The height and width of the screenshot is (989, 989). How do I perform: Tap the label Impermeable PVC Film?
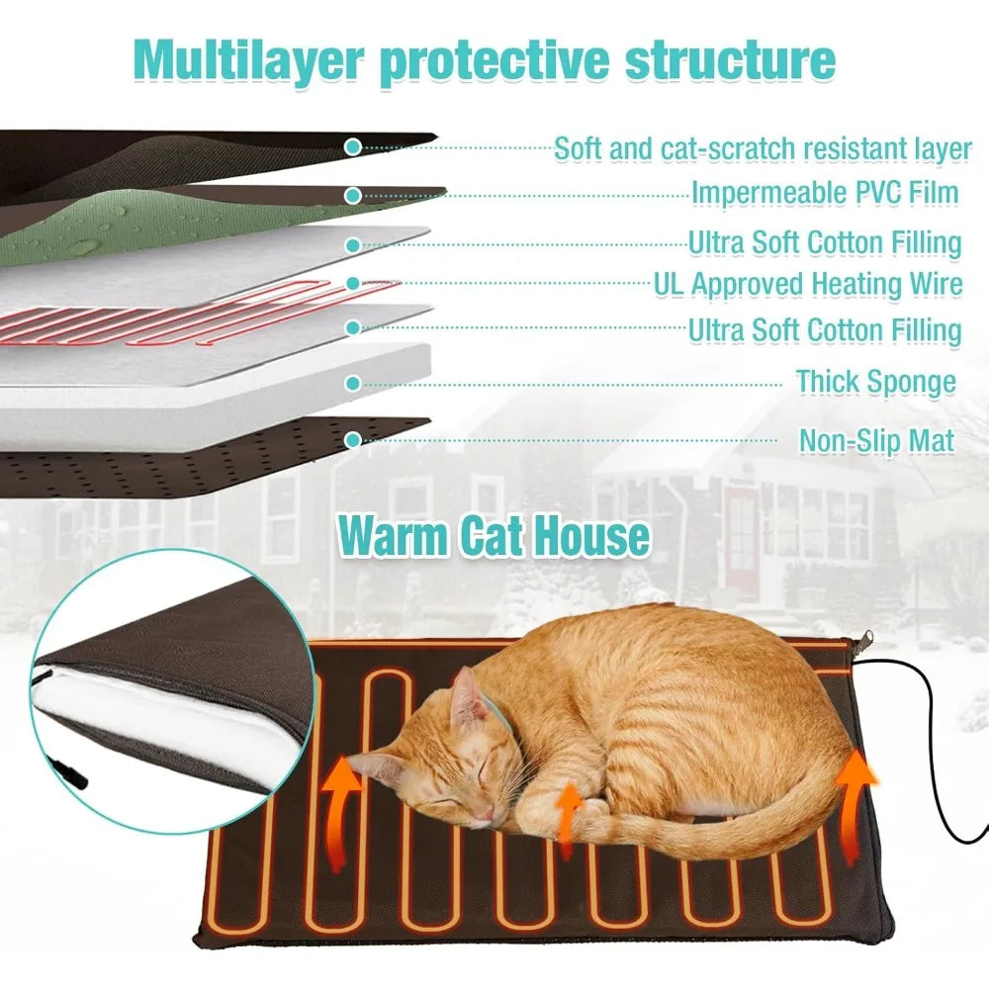pos(825,193)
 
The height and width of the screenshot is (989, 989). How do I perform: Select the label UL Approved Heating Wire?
pos(808,285)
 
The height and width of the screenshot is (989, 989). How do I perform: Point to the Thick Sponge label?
pos(875,381)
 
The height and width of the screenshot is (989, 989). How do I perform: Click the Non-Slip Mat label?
pos(876,440)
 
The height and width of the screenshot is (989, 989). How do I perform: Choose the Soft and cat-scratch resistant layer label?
pos(763,149)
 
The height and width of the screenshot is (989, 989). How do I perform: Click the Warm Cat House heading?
pos(494,536)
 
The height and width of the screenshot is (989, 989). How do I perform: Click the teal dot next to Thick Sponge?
pos(352,382)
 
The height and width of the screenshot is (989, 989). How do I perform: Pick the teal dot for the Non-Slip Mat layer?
pos(352,438)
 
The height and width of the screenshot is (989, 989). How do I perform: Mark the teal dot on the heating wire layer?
pos(353,283)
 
